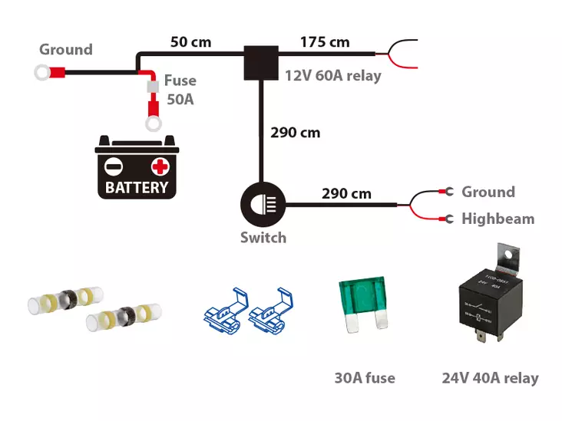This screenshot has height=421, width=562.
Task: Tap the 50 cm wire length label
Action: pos(190,41)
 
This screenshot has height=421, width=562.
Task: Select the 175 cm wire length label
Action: pos(325,41)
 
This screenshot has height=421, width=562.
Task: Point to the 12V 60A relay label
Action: pos(333,76)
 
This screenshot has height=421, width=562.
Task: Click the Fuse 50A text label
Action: pos(181,89)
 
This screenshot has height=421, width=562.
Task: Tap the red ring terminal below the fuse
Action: pos(154,123)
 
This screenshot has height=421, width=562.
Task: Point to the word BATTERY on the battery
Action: pos(137,188)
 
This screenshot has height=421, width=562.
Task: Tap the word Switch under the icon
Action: pos(263,238)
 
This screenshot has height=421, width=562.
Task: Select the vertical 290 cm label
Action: pos(296,133)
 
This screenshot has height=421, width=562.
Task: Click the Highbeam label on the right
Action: pos(498,219)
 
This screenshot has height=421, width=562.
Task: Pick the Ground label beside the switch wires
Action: pos(488,192)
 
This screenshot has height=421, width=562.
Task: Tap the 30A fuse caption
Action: pos(365,378)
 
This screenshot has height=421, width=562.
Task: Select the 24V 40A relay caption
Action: pos(490,378)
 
